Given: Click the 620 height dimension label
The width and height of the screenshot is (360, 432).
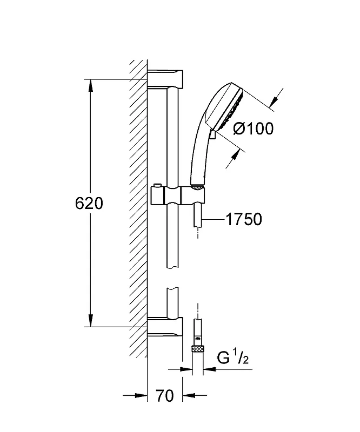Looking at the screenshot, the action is coord(89,204).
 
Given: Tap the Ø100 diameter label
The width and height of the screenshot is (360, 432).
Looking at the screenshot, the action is coord(254,128).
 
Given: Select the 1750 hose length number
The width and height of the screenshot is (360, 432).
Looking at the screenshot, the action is coord(244,219).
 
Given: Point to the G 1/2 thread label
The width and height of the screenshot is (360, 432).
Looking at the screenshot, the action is coord(233,357).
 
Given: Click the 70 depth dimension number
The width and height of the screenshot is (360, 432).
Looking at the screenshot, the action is coord(165,396).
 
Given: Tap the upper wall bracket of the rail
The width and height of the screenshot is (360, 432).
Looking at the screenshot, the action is coord(165,79).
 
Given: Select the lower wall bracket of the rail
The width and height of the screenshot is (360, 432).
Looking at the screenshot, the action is coord(165,327).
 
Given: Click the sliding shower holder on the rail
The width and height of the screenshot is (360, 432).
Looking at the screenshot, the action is coord(178,195).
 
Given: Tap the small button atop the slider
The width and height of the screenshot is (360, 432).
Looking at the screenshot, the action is coord(157,185).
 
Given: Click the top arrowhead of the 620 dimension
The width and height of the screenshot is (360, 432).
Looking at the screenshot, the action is coord(90,86).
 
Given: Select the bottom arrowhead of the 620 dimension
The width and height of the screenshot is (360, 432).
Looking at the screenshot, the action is coord(90,320).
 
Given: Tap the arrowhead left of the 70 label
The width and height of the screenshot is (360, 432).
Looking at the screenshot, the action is coord(141,396).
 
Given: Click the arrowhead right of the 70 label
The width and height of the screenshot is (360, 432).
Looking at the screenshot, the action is coord(189,396).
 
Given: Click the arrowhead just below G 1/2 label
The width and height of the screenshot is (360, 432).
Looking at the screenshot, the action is coord(209,369).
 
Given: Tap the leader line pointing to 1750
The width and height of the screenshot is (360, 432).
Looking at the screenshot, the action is coord(214,220).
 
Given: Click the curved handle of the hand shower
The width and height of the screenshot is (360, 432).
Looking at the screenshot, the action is coord(198,154).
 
